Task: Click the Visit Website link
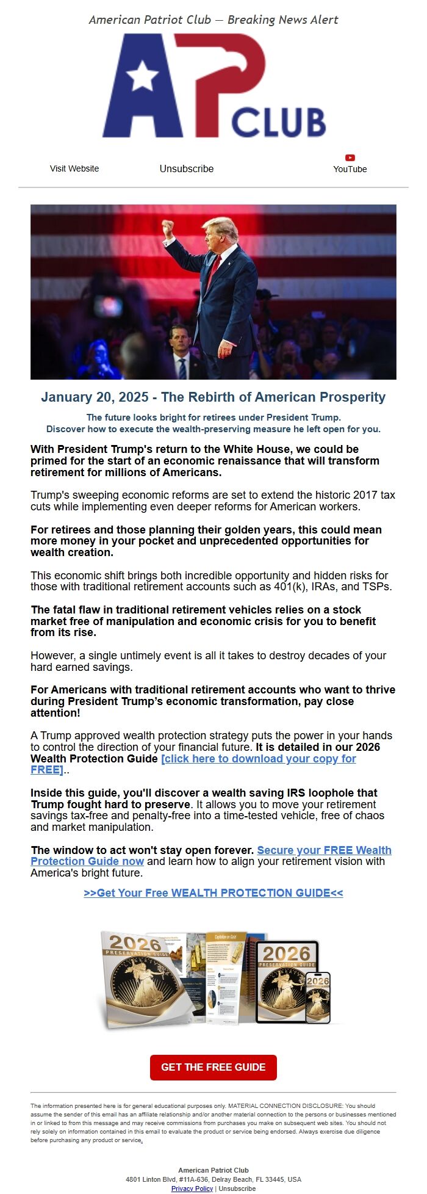pos(74,168)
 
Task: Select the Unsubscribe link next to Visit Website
pos(187,168)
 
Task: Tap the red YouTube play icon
pos(350,157)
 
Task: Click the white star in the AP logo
pos(142,76)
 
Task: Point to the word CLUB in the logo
pos(278,123)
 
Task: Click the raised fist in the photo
pos(168,228)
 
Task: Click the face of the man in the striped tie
pos(180,338)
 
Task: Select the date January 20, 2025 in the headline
pos(95,397)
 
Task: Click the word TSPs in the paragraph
pos(376,587)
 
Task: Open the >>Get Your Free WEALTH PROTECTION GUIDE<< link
pos(213,892)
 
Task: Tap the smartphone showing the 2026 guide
pos(318,997)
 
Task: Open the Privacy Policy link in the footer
pos(192,1188)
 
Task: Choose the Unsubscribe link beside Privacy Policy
pos(237,1188)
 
